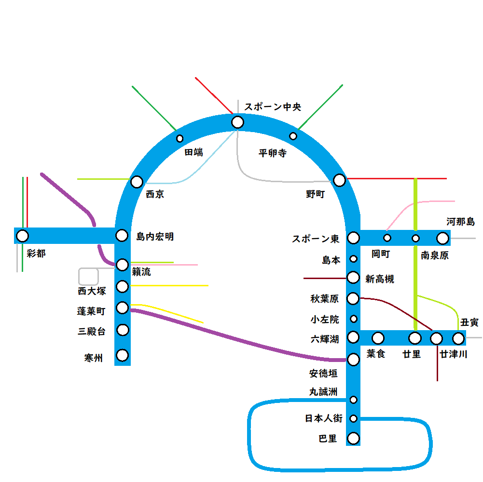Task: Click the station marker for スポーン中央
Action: pyautogui.click(x=237, y=122)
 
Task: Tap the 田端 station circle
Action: pyautogui.click(x=180, y=139)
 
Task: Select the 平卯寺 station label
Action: pyautogui.click(x=273, y=153)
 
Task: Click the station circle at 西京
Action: pyautogui.click(x=137, y=182)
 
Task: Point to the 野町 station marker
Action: pyautogui.click(x=340, y=180)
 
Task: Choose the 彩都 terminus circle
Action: pyautogui.click(x=22, y=236)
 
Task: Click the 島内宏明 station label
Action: pyautogui.click(x=155, y=237)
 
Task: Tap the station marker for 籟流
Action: pyautogui.click(x=123, y=265)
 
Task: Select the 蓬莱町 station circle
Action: pyautogui.click(x=123, y=308)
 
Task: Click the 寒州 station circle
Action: pyautogui.click(x=123, y=355)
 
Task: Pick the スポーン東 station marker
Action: pyautogui.click(x=354, y=238)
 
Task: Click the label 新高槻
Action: pyautogui.click(x=380, y=279)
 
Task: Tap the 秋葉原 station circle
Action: pyautogui.click(x=353, y=299)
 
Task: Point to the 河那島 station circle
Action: pyautogui.click(x=442, y=238)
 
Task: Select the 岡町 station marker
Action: pyautogui.click(x=387, y=238)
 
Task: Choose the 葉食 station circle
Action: pyautogui.click(x=378, y=338)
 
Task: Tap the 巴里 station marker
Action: pyautogui.click(x=354, y=439)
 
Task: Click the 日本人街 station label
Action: pyautogui.click(x=324, y=418)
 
